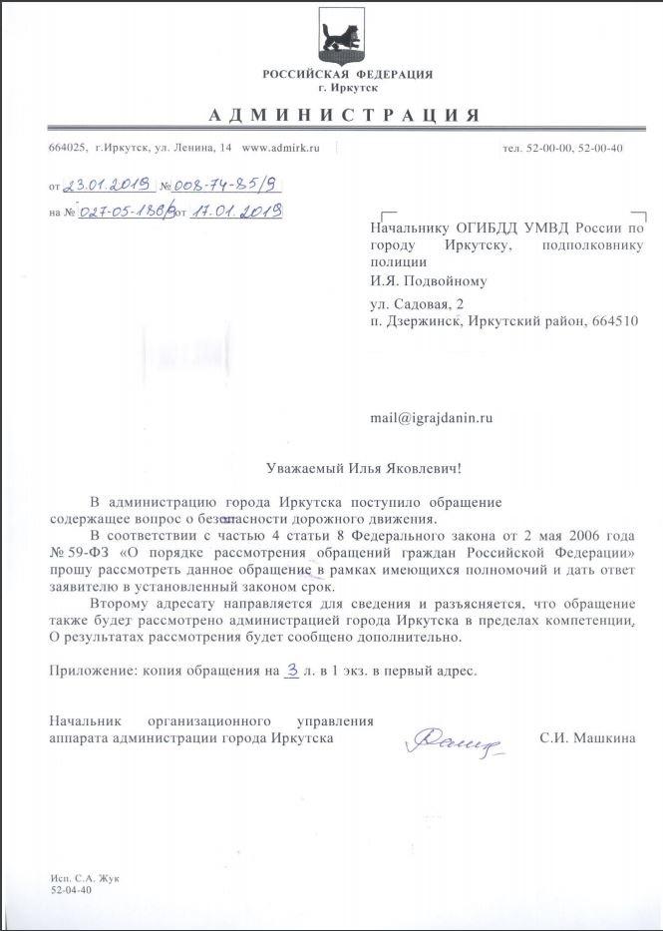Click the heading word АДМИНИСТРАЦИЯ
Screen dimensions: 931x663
pos(345,115)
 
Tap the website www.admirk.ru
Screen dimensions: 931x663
pos(280,148)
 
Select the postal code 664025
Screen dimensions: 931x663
pos(66,148)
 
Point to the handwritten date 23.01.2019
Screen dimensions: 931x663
pos(106,185)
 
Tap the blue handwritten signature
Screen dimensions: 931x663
pos(449,740)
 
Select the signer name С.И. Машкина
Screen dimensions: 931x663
pos(587,738)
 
